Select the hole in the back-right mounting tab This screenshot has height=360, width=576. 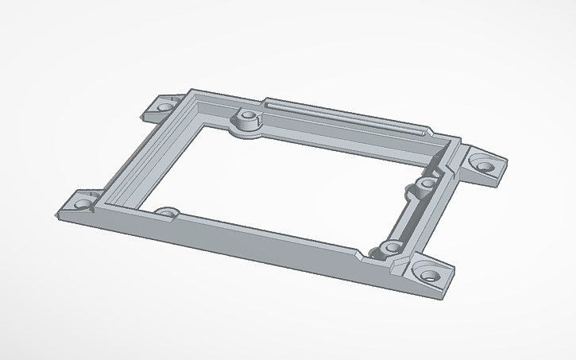pyautogui.click(x=483, y=165)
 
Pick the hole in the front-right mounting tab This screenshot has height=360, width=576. pyautogui.click(x=430, y=276)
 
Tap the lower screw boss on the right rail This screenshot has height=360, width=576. pyautogui.click(x=389, y=250)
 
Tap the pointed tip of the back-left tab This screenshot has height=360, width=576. pyautogui.click(x=145, y=117)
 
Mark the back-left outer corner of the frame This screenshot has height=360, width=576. pyautogui.click(x=189, y=90)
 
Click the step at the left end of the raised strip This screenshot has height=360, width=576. pyautogui.click(x=262, y=102)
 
